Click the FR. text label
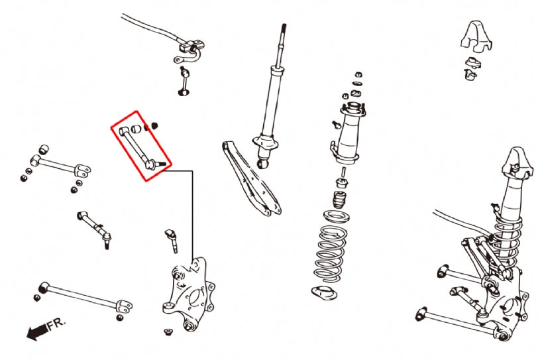pos(56,324)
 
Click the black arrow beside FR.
pos(37,331)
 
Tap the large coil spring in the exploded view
pos(330,253)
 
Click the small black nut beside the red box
pos(154,125)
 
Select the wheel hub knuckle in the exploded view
pos(188,294)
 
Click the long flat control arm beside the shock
pos(251,178)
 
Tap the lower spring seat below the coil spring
pos(324,293)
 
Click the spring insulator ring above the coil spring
pos(337,217)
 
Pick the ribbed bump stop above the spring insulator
pos(339,200)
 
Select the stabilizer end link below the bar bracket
pos(184,82)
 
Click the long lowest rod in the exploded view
pos(86,298)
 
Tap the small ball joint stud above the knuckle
pos(172,241)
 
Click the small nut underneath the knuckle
pos(168,331)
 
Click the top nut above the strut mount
pos(358,74)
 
